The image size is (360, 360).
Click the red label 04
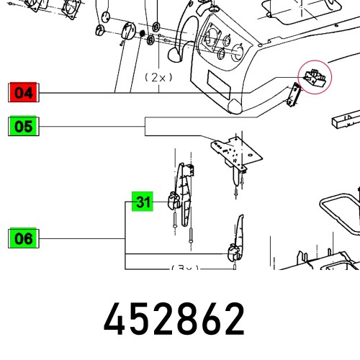coord(24,93)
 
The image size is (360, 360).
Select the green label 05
coord(24,127)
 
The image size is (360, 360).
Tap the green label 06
coord(24,238)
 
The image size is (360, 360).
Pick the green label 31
coord(143,203)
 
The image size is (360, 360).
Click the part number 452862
coord(174,320)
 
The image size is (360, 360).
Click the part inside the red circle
coord(315,76)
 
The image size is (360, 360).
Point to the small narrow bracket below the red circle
coord(294,95)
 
